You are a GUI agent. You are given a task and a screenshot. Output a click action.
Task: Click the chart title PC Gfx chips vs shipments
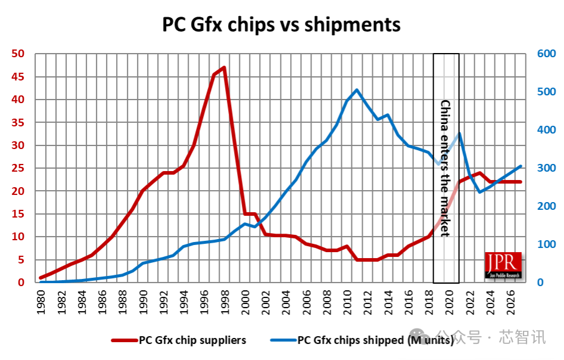coord(282,25)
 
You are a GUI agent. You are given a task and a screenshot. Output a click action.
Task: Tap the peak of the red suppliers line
coord(224,67)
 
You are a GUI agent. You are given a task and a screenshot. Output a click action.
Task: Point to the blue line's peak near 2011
coord(357,90)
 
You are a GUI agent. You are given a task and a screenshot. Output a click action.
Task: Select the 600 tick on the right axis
coord(546,54)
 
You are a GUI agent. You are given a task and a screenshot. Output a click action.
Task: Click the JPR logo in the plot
coord(503,266)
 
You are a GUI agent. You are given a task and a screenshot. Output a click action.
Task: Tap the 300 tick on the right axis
coord(546,168)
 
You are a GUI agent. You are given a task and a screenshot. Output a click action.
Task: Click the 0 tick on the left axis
coord(20,283)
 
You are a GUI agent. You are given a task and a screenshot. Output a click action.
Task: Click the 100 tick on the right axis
coord(546,244)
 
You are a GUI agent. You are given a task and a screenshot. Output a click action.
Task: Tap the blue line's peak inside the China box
coord(459,134)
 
